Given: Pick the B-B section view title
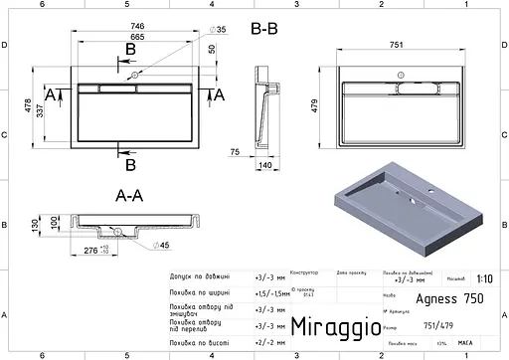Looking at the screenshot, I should tap(263, 30).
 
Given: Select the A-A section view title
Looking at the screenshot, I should tap(129, 197).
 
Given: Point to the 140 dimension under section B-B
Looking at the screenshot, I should tap(266, 164).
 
